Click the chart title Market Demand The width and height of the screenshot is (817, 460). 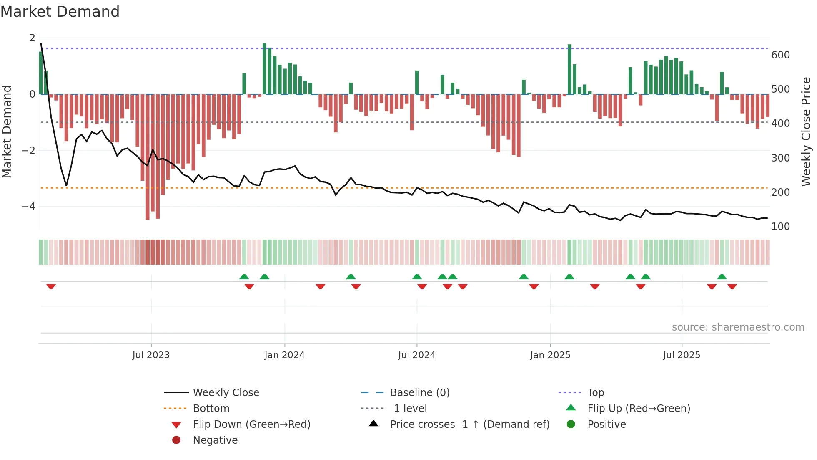tap(60, 11)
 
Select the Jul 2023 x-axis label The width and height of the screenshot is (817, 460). tap(151, 355)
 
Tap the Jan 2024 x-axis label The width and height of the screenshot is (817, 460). tap(284, 355)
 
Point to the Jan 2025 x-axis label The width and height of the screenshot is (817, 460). tap(550, 355)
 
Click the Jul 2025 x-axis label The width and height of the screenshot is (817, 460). tap(682, 355)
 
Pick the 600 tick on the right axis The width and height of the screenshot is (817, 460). tap(780, 55)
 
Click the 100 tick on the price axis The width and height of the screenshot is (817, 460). tap(780, 227)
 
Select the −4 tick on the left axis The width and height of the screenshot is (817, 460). tap(28, 207)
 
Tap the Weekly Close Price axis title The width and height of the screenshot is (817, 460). tap(806, 131)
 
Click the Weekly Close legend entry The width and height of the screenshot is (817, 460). tap(226, 393)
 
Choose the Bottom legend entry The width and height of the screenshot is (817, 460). tap(211, 409)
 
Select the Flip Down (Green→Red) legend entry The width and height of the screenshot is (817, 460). tap(251, 425)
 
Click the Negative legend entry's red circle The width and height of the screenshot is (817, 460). tap(176, 440)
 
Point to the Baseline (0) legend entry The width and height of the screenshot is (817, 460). tap(419, 393)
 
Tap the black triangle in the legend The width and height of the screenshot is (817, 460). tap(373, 424)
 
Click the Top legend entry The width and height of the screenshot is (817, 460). tap(595, 393)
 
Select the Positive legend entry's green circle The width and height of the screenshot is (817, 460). tap(571, 425)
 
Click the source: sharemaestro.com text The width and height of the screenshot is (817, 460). tap(738, 327)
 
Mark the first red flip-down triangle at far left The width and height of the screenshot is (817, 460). tap(51, 286)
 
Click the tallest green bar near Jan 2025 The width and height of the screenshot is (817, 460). tap(569, 69)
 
